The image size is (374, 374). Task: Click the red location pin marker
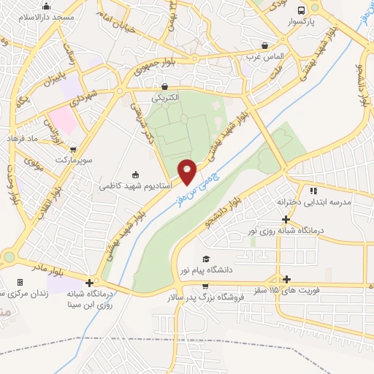coord(188,172)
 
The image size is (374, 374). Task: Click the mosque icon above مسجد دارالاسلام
coord(46,6)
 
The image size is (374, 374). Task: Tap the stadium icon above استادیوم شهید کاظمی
coord(134,175)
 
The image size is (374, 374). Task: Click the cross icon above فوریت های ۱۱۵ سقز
coord(286,279)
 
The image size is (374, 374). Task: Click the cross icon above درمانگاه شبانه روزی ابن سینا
coord(89,283)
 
